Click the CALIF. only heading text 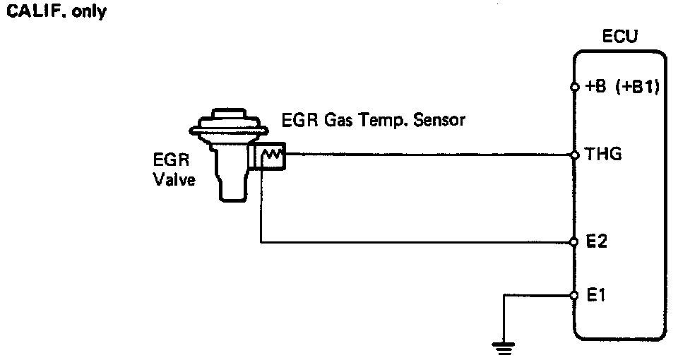[56, 13]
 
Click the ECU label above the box [619, 36]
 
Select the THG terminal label [604, 154]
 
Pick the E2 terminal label [597, 242]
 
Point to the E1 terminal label [597, 296]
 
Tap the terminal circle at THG [575, 154]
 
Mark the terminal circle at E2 [575, 242]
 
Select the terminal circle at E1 [575, 296]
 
